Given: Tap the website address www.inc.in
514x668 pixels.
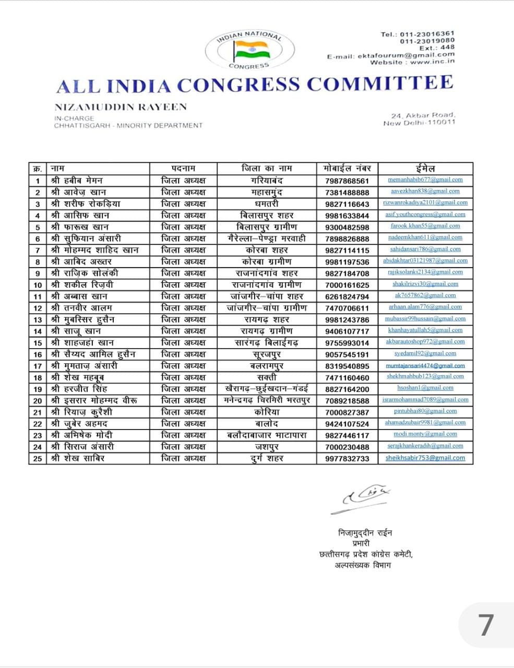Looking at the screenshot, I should click(432, 62).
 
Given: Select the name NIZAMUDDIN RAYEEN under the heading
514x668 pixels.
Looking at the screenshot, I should click(121, 107).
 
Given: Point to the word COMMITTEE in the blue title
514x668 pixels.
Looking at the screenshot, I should click(380, 83).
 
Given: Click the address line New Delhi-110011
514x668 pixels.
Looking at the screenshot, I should click(419, 123).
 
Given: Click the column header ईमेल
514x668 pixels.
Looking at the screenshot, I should click(425, 169).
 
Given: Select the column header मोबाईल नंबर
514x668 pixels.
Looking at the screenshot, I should click(347, 169).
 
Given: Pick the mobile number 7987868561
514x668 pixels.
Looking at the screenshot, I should click(346, 181).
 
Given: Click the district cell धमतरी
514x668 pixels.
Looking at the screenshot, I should click(267, 204).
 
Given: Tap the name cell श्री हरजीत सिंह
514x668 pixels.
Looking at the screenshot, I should click(80, 389).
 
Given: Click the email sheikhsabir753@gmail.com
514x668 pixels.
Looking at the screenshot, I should click(425, 458).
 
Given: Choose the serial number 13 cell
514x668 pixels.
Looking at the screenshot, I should click(38, 319).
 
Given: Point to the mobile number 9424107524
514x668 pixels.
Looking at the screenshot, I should click(346, 424).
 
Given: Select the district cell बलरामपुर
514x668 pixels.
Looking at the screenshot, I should click(267, 366).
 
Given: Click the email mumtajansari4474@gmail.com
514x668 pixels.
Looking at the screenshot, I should click(425, 366).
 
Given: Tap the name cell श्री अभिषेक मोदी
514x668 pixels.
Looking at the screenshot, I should click(82, 435).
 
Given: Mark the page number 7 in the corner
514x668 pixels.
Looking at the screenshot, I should click(485, 624).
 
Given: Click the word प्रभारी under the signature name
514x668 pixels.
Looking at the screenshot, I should click(361, 543).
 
